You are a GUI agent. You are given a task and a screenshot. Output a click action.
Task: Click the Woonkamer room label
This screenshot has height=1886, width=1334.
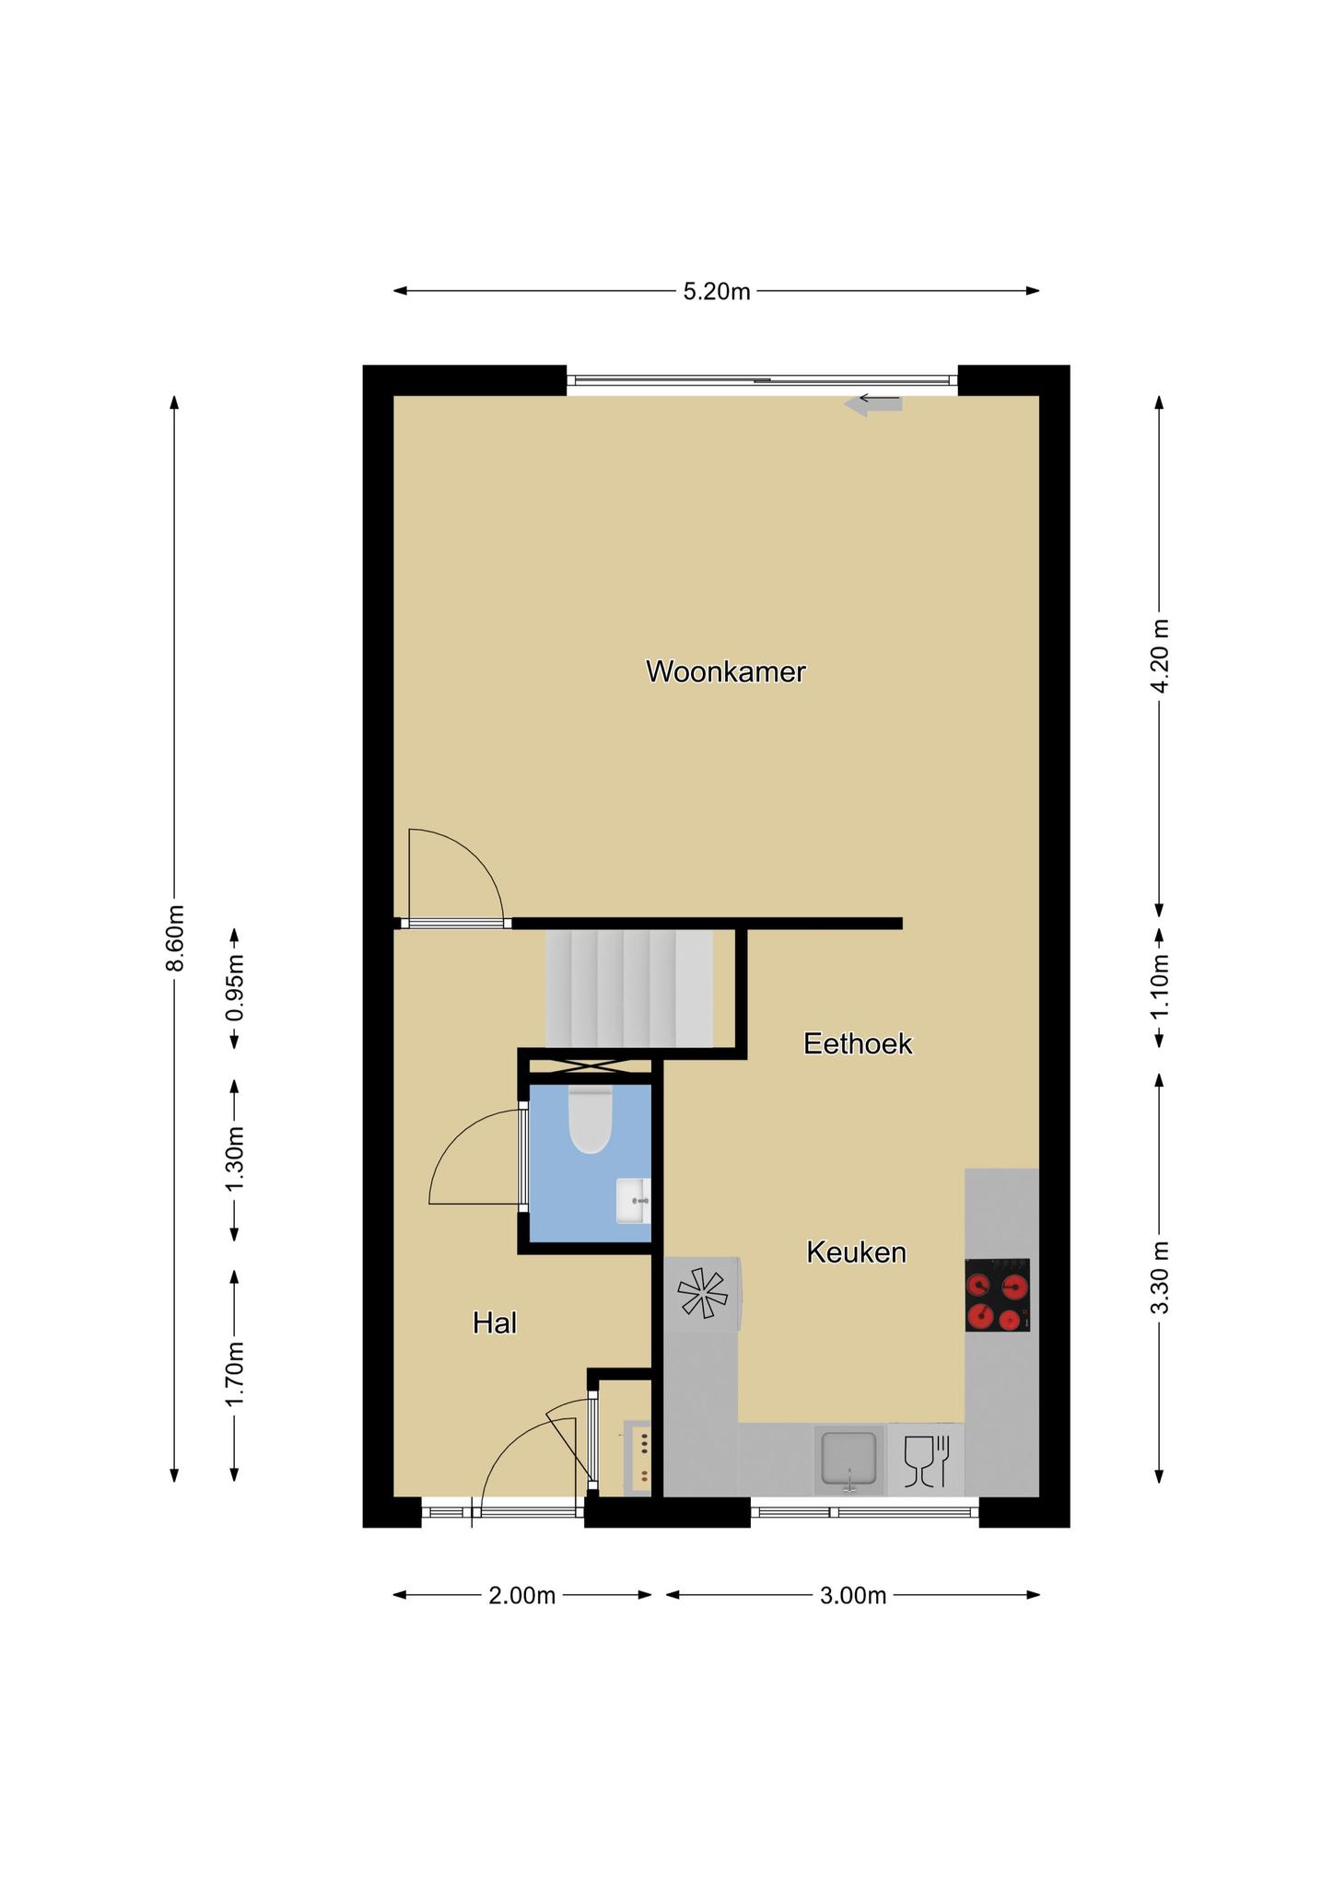point(726,672)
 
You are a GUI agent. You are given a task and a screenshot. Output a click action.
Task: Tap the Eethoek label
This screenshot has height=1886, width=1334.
point(858,1043)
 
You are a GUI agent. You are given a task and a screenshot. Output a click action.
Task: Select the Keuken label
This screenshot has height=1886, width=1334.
point(857,1252)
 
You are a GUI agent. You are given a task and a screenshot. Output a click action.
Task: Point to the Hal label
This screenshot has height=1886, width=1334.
point(495,1323)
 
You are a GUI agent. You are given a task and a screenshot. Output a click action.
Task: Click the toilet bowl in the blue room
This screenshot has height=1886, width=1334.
point(591,1120)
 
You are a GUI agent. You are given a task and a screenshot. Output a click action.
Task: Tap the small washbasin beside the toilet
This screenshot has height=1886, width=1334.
point(634,1201)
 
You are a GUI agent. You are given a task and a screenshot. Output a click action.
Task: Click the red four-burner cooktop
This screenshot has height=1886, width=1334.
point(998,1295)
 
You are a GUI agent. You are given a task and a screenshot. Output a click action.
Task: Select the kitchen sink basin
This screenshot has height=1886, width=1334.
point(848,1461)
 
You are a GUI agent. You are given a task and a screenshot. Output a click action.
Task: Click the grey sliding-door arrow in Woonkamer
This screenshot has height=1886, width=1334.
point(873,404)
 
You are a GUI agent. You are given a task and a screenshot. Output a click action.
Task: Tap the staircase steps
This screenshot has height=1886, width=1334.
point(630,988)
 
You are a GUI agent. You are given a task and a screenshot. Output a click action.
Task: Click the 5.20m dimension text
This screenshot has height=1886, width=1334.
point(717,292)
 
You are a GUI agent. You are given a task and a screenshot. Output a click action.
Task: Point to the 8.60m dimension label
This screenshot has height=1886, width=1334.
point(175,937)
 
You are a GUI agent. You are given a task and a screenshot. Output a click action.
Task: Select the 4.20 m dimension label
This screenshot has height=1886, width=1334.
point(1160,657)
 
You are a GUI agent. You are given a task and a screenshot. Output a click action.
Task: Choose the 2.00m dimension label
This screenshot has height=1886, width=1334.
point(522,1596)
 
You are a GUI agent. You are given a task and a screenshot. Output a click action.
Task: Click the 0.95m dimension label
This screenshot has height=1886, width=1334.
point(235,987)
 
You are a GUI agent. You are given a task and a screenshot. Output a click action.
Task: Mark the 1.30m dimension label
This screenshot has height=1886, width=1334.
point(235,1160)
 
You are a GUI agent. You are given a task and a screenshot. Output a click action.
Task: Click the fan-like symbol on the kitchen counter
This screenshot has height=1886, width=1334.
point(702,1293)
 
